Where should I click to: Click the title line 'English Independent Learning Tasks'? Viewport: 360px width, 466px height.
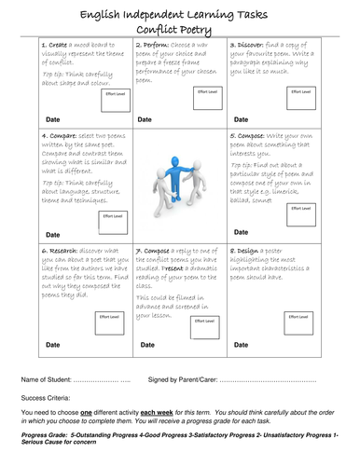tap(179, 11)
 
